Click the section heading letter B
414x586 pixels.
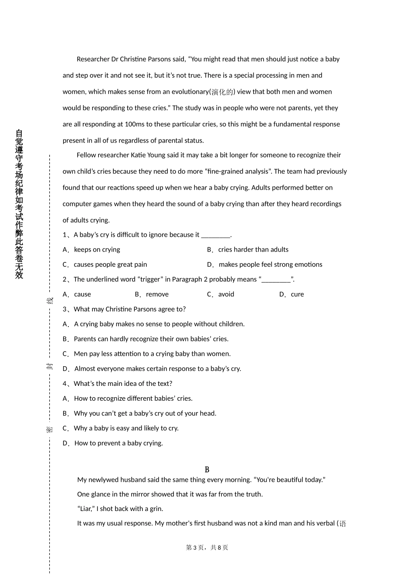[207, 470]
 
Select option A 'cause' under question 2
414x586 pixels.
[82, 294]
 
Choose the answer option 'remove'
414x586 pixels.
[157, 294]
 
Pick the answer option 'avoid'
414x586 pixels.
[226, 294]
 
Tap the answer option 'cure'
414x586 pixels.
[297, 294]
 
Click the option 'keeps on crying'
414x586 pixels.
[97, 249]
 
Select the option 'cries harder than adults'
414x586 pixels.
[253, 249]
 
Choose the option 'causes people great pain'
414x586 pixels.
[110, 264]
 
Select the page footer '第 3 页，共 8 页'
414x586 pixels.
[207, 548]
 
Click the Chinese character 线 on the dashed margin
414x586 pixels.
[50, 300]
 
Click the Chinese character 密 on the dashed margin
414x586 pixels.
[50, 429]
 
